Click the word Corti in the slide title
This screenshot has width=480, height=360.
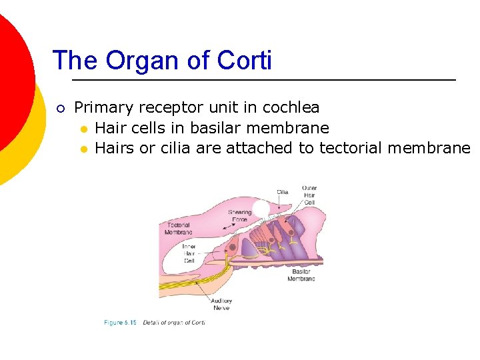pyautogui.click(x=244, y=61)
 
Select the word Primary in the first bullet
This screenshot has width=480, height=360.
pyautogui.click(x=99, y=107)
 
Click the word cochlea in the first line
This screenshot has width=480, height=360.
pyautogui.click(x=291, y=107)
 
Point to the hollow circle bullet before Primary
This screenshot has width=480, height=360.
pyautogui.click(x=59, y=108)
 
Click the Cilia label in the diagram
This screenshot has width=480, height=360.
pyautogui.click(x=283, y=192)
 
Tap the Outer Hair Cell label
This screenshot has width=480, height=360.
pyautogui.click(x=309, y=195)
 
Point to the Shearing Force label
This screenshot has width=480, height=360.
pyautogui.click(x=240, y=216)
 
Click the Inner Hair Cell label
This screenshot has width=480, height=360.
pyautogui.click(x=189, y=253)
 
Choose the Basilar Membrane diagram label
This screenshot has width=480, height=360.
pyautogui.click(x=301, y=275)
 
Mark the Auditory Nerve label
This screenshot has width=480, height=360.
pyautogui.click(x=221, y=304)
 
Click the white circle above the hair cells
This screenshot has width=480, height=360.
pyautogui.click(x=261, y=207)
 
